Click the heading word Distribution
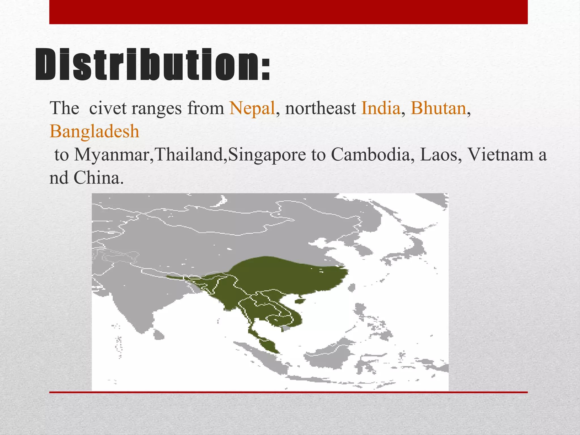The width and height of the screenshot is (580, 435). [153, 65]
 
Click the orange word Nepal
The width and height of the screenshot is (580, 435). [252, 108]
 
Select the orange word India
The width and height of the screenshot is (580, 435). [381, 108]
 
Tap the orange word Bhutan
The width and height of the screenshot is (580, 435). [438, 108]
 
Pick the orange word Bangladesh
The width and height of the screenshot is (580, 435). [95, 131]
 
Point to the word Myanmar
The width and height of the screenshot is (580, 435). [112, 155]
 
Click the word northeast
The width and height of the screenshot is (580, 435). [321, 108]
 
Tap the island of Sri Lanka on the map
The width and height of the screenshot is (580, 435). [159, 335]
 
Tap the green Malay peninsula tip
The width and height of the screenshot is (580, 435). [270, 346]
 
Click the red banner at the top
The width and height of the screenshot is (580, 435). [288, 12]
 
